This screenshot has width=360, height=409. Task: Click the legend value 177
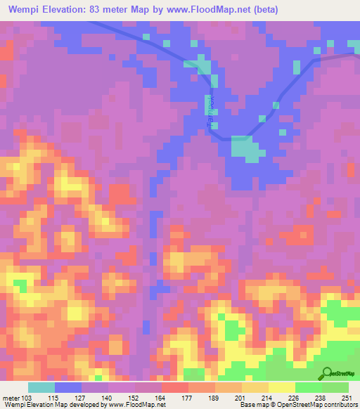(188, 398)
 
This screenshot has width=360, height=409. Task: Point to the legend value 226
(295, 398)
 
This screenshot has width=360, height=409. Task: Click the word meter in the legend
(9, 398)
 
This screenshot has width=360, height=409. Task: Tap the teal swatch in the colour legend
(41, 387)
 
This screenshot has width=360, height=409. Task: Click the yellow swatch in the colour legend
(281, 387)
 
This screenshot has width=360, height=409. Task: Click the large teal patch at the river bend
(244, 148)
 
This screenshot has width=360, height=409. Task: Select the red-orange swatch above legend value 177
(175, 387)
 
